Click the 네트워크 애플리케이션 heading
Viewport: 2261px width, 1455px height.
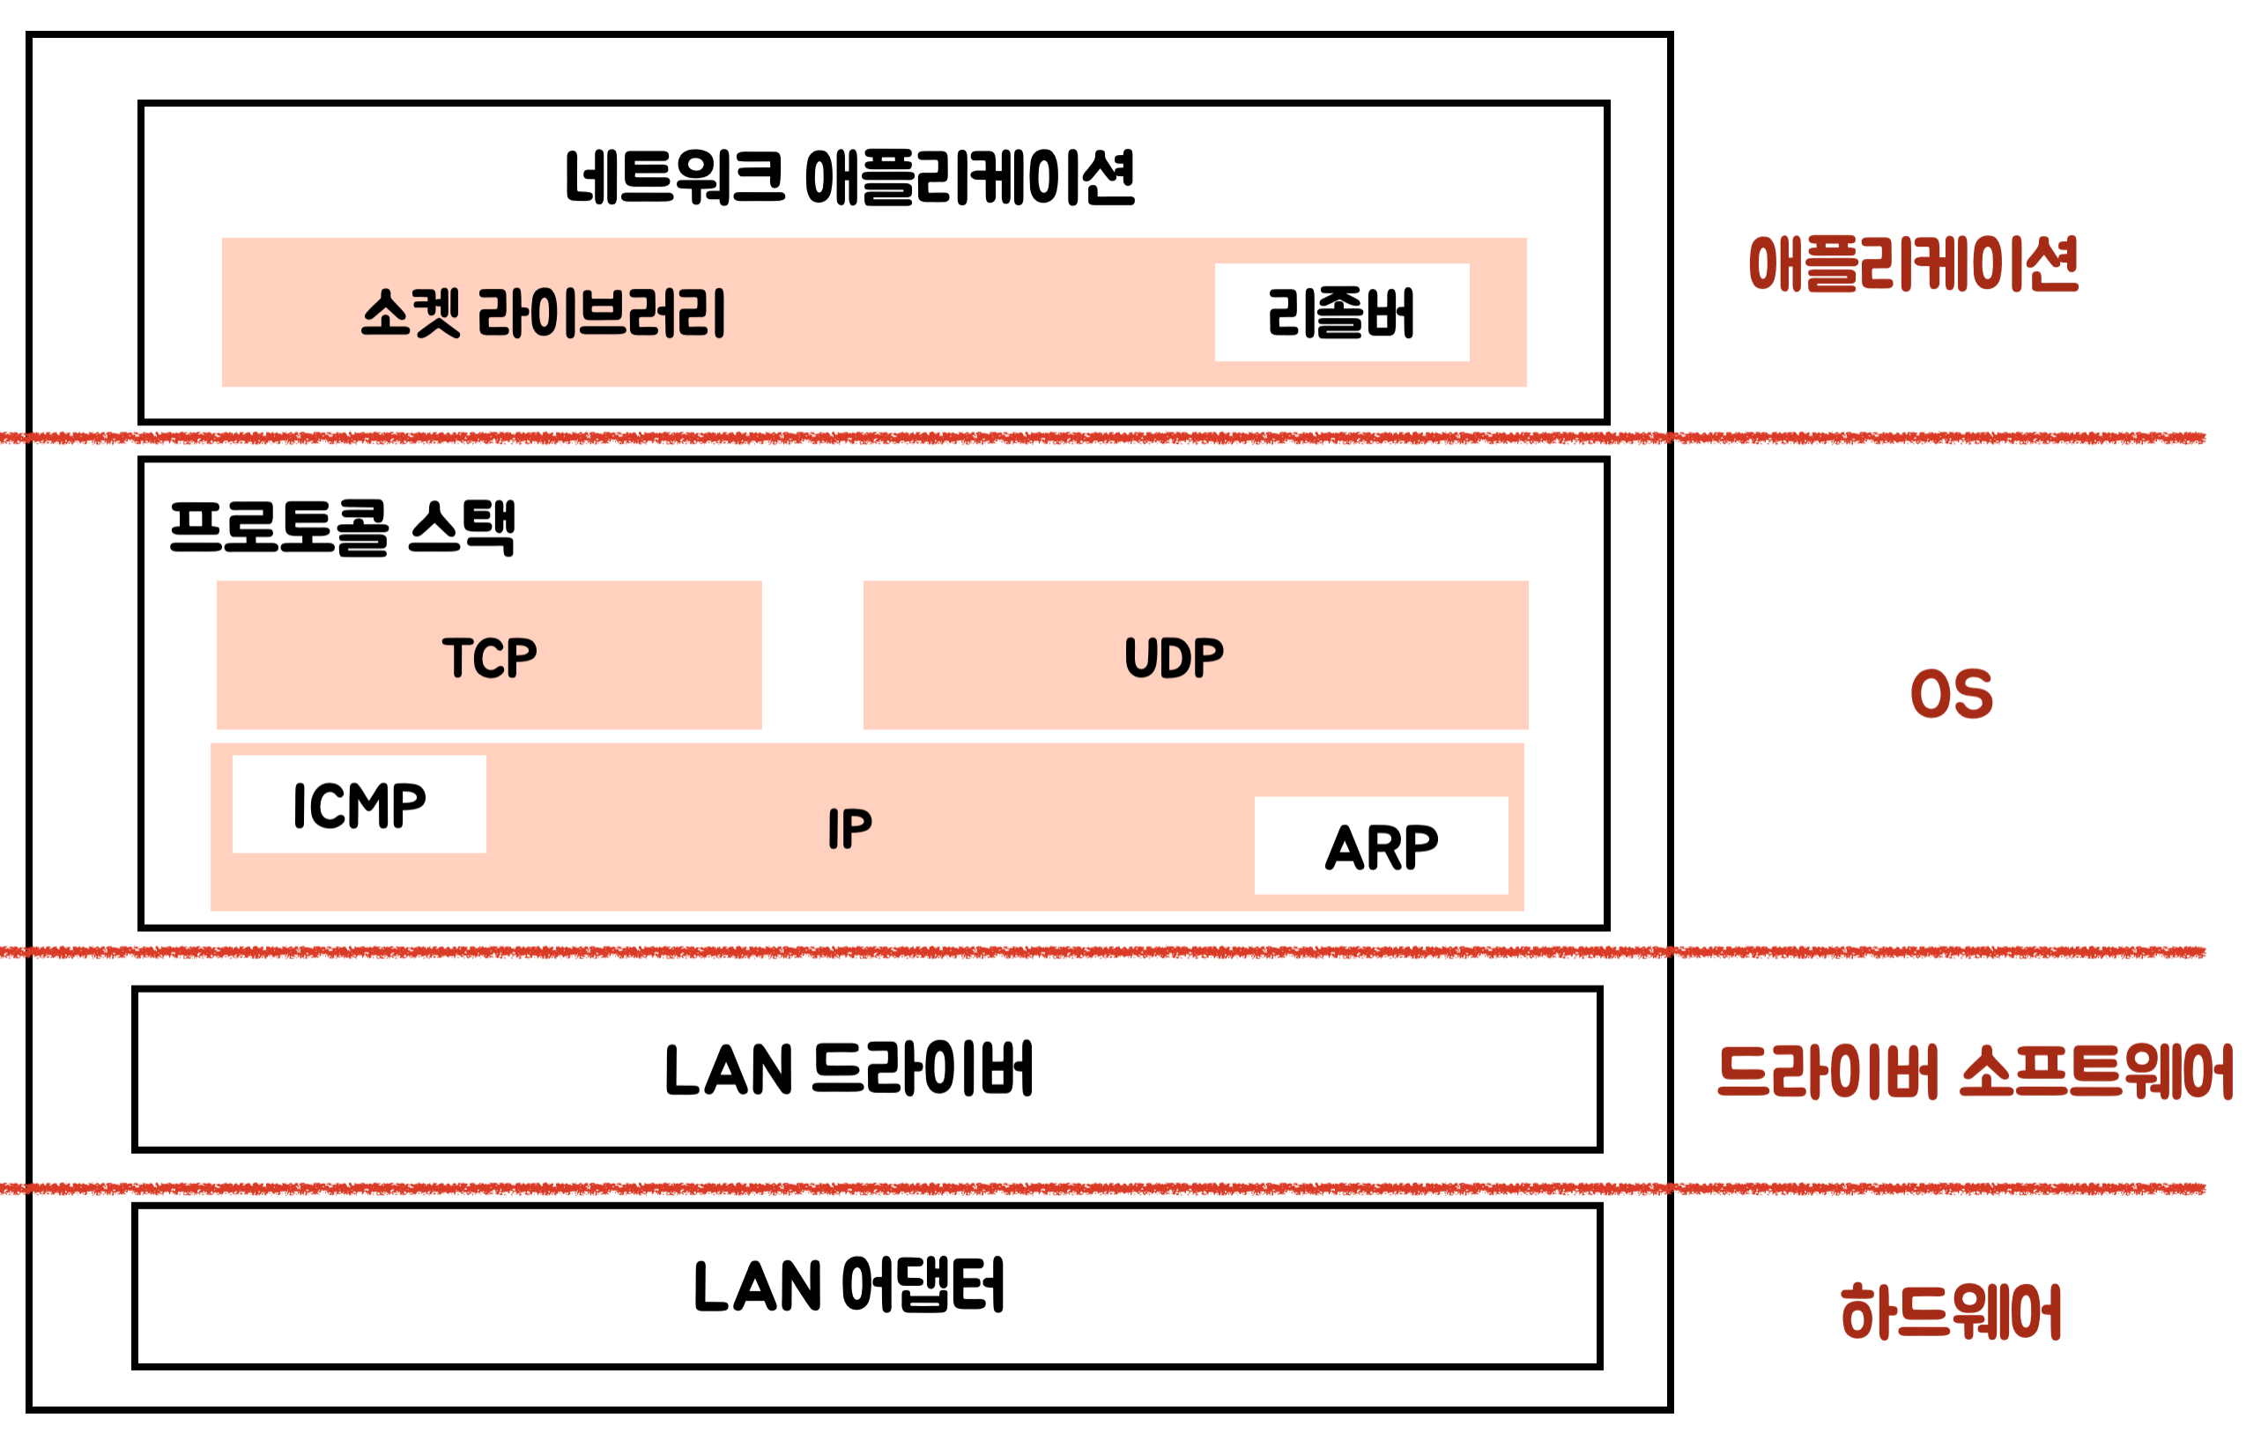coord(849,178)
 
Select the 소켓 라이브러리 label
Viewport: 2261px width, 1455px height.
coord(544,313)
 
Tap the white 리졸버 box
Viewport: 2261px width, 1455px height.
coord(1341,313)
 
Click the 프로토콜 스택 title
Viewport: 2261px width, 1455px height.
coord(342,528)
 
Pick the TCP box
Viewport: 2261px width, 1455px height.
coord(489,655)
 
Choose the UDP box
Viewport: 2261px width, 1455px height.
coord(1195,655)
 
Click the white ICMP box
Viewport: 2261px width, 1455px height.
coord(360,805)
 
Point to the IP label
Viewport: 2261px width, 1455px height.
coord(849,830)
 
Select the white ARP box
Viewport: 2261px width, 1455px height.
coord(1380,846)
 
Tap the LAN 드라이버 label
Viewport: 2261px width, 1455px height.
coord(849,1069)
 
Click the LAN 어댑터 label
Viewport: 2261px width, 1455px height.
coord(849,1286)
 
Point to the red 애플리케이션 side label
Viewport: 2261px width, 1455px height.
coord(1913,264)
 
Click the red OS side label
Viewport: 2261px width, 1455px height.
coord(1951,694)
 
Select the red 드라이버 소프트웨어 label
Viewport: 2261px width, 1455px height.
coord(1975,1073)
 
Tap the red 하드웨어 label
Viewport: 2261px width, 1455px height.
coord(1951,1311)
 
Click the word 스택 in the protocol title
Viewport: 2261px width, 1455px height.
coord(463,528)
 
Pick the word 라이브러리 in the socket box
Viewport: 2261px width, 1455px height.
coord(602,313)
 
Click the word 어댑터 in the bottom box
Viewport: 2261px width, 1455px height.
coord(923,1286)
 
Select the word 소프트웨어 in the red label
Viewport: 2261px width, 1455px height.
coord(2096,1073)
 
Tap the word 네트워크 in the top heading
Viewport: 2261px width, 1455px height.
coord(675,178)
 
